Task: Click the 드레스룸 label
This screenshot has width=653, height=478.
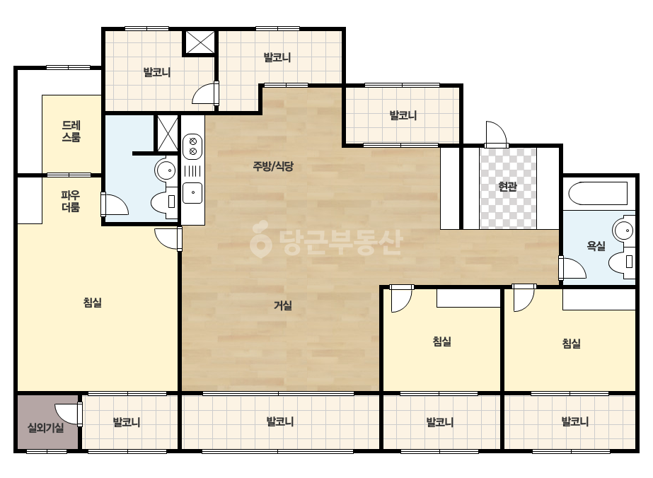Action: coord(71,131)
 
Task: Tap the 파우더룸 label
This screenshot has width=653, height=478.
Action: coord(70,201)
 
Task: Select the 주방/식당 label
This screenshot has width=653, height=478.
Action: coord(273,166)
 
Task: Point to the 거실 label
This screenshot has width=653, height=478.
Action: coord(283,305)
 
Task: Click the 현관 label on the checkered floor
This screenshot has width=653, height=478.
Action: coord(508,187)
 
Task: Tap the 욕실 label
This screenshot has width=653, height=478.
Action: coord(596,246)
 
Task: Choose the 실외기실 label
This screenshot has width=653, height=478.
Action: coord(46,428)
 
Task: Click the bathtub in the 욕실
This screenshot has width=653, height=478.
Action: coord(598,193)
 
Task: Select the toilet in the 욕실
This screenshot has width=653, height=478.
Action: coord(622,262)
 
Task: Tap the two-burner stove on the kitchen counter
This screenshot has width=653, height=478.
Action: coord(192,145)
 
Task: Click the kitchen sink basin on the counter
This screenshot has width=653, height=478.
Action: coord(192,193)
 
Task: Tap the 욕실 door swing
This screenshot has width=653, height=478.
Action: coord(572,267)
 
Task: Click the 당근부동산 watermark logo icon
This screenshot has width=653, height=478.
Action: coord(260,239)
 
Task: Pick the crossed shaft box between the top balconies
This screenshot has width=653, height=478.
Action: coord(200,42)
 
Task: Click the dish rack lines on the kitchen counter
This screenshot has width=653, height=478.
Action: coord(192,171)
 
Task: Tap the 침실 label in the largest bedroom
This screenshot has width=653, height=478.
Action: coord(93,303)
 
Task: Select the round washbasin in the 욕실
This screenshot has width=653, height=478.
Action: coord(623,230)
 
